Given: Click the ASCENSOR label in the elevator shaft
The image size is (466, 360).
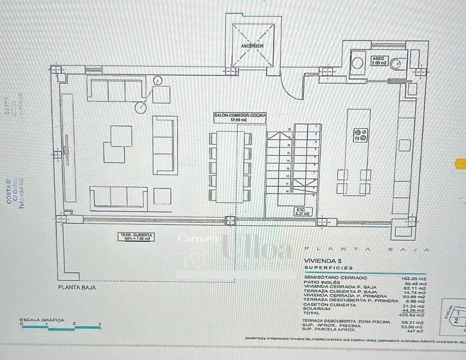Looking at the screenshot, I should [252, 46].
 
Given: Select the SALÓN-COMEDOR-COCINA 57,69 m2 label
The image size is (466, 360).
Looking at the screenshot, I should [240, 118].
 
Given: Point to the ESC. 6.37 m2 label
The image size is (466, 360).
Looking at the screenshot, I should [303, 211].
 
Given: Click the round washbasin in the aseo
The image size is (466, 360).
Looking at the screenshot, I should [357, 64].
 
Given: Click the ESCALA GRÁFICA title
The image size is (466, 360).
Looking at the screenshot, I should [42, 320].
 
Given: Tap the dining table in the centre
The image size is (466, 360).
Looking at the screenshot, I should [230, 166].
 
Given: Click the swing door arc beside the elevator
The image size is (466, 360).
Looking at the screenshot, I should [292, 87].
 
